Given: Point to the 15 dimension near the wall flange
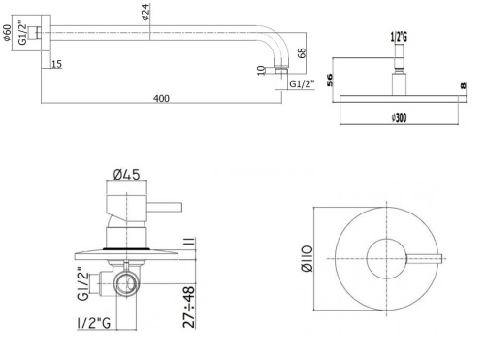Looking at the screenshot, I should (x=56, y=65).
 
